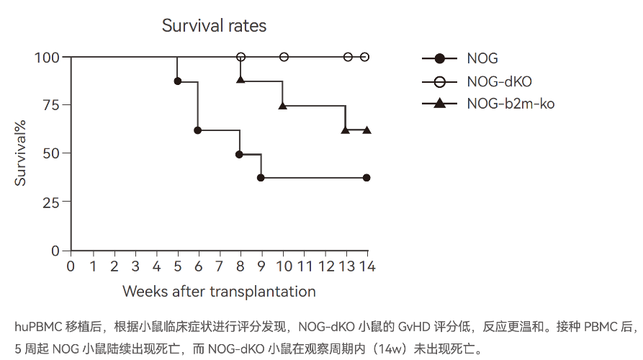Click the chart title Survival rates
[x=214, y=26]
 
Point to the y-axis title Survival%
[x=22, y=153]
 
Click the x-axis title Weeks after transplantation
[x=219, y=292]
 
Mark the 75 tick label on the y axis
[x=51, y=104]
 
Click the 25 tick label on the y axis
[x=51, y=202]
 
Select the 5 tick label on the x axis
[x=177, y=266]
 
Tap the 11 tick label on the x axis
[x=305, y=266]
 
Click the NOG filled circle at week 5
[x=177, y=81]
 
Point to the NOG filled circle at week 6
[x=198, y=130]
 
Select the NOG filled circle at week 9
[x=261, y=178]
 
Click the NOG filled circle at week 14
[x=367, y=178]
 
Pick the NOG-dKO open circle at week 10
[x=284, y=57]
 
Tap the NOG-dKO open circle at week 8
[x=241, y=57]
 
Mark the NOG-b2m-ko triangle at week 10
[x=283, y=105]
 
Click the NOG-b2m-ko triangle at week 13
[x=346, y=130]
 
